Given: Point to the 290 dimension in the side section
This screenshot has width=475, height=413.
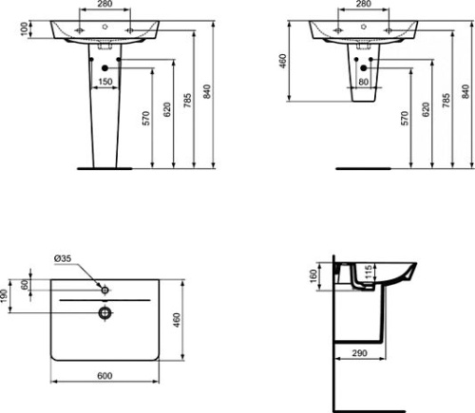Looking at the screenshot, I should (x=359, y=353).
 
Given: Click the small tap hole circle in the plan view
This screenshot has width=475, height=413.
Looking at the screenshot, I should (x=104, y=288).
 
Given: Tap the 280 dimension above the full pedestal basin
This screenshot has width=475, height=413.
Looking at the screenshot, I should (x=106, y=5).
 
